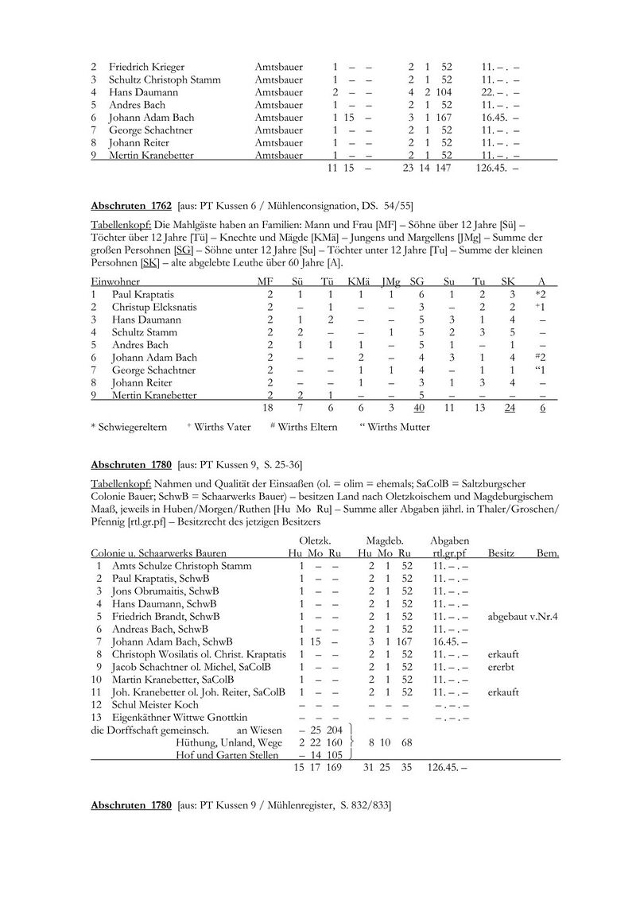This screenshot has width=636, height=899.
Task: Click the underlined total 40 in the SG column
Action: point(418,408)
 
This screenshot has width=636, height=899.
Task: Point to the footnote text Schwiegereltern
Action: point(132,427)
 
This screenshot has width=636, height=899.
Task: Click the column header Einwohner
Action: point(116,281)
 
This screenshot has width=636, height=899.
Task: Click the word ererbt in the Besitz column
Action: point(502,667)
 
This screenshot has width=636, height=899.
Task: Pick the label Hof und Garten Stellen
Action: point(228,755)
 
